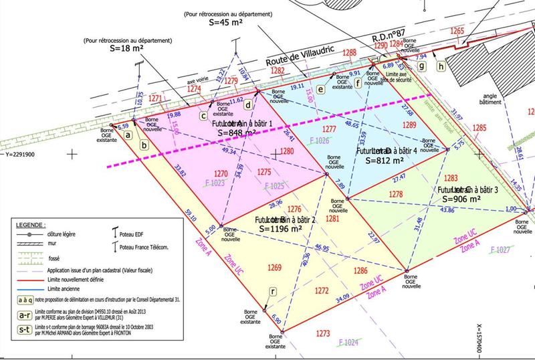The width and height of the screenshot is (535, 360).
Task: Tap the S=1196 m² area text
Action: [281, 229]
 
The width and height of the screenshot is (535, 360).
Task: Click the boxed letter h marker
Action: [440, 66]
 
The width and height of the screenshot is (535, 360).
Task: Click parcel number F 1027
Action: [501, 250]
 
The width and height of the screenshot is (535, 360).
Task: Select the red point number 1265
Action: [457, 31]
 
